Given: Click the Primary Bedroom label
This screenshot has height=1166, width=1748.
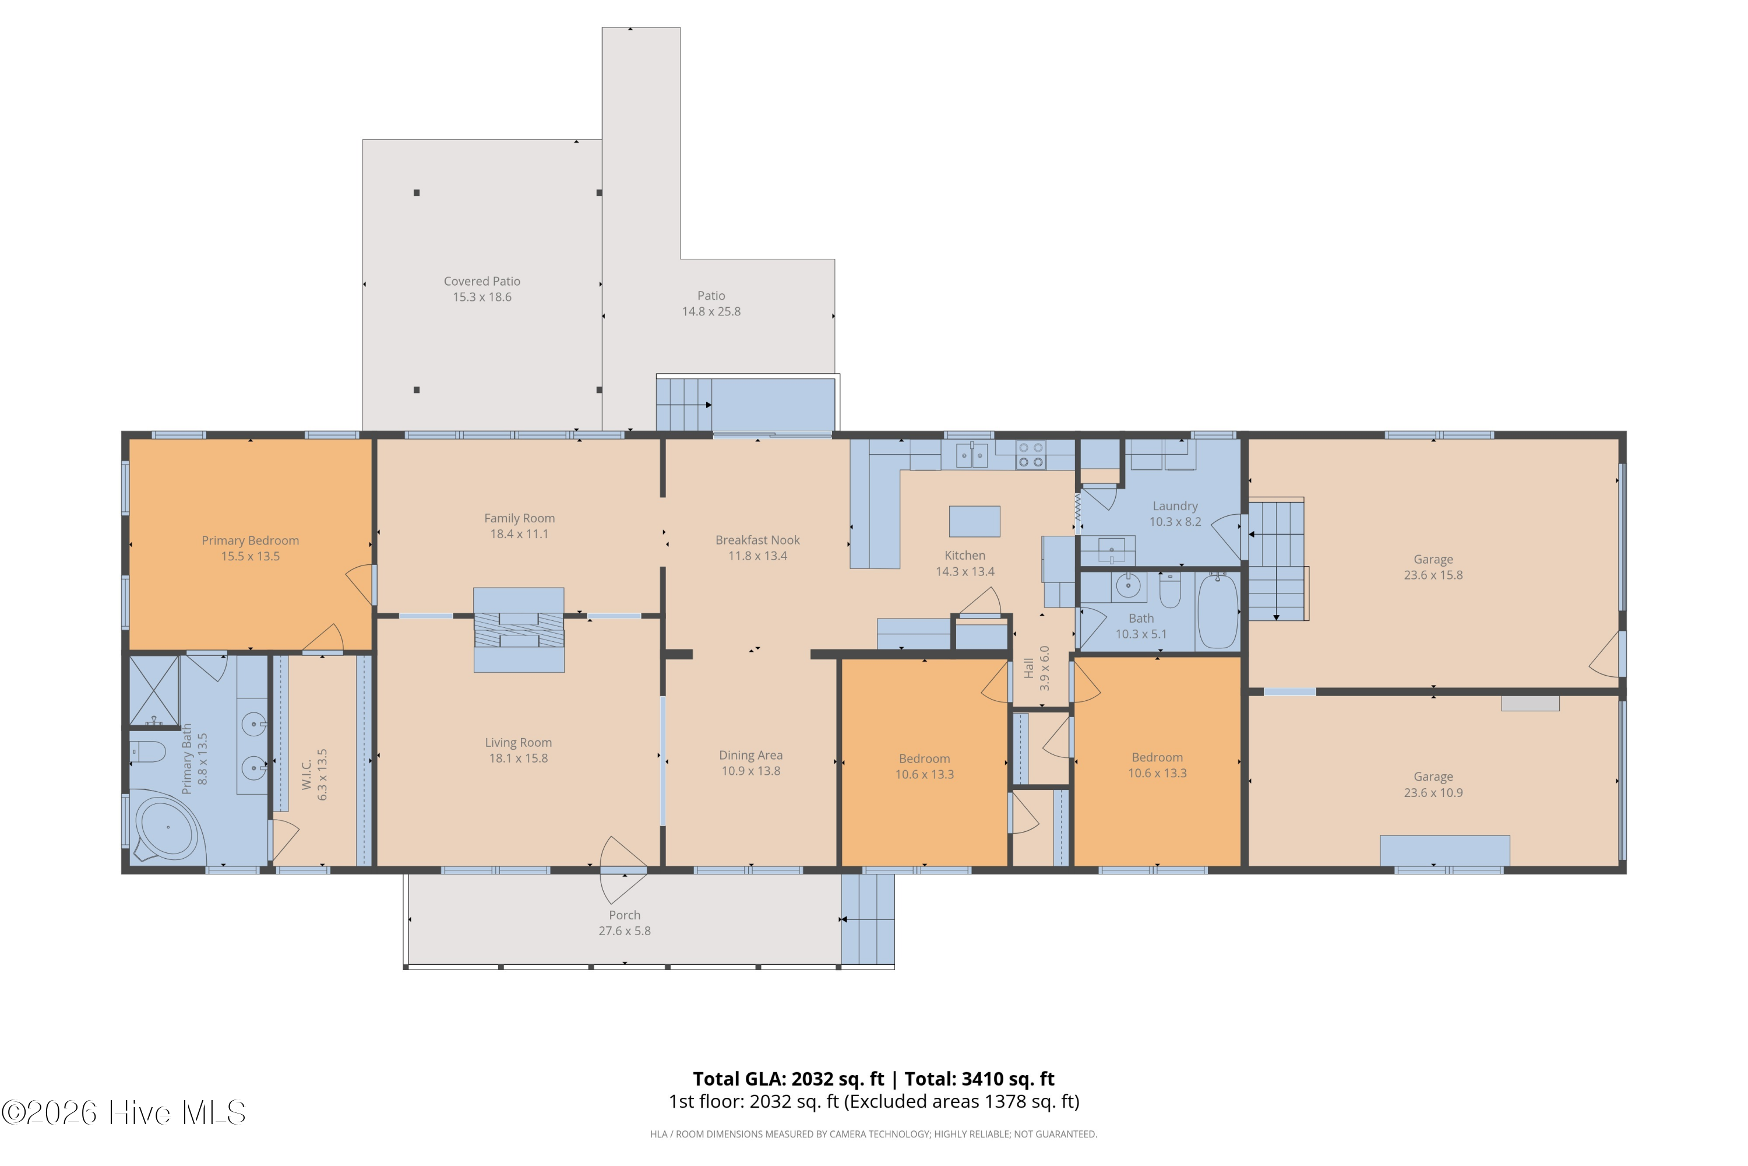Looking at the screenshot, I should [250, 540].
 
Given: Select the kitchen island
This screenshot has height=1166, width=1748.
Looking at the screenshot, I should [974, 521].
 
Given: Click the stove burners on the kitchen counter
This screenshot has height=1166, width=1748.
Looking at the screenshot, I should [1031, 454].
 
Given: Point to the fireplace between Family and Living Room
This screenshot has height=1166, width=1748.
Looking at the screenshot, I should [519, 630].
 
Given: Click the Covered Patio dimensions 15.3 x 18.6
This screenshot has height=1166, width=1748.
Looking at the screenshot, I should [482, 297].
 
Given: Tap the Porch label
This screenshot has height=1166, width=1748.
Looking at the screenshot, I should [624, 915].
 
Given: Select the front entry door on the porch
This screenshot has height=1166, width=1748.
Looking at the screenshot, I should [623, 869].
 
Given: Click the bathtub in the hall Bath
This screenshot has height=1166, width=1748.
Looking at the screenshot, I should [1217, 610].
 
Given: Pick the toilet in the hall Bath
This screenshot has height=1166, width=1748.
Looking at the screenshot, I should [1170, 591].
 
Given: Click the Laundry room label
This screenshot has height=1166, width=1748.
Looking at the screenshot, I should [1175, 505].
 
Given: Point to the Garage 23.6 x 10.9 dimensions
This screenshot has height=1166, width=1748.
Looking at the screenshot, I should [1433, 793].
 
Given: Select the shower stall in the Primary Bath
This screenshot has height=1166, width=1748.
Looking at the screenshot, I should [154, 690].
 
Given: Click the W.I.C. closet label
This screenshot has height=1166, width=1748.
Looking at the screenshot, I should [306, 774].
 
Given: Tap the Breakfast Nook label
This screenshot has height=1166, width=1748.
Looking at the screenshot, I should [757, 540].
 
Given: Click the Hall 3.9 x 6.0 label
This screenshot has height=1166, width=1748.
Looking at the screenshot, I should [1036, 667].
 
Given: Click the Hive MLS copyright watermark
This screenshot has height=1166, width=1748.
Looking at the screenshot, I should [124, 1112].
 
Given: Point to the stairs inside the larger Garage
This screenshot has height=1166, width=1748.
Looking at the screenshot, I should [1276, 560].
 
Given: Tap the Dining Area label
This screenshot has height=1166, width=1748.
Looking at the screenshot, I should [750, 755].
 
